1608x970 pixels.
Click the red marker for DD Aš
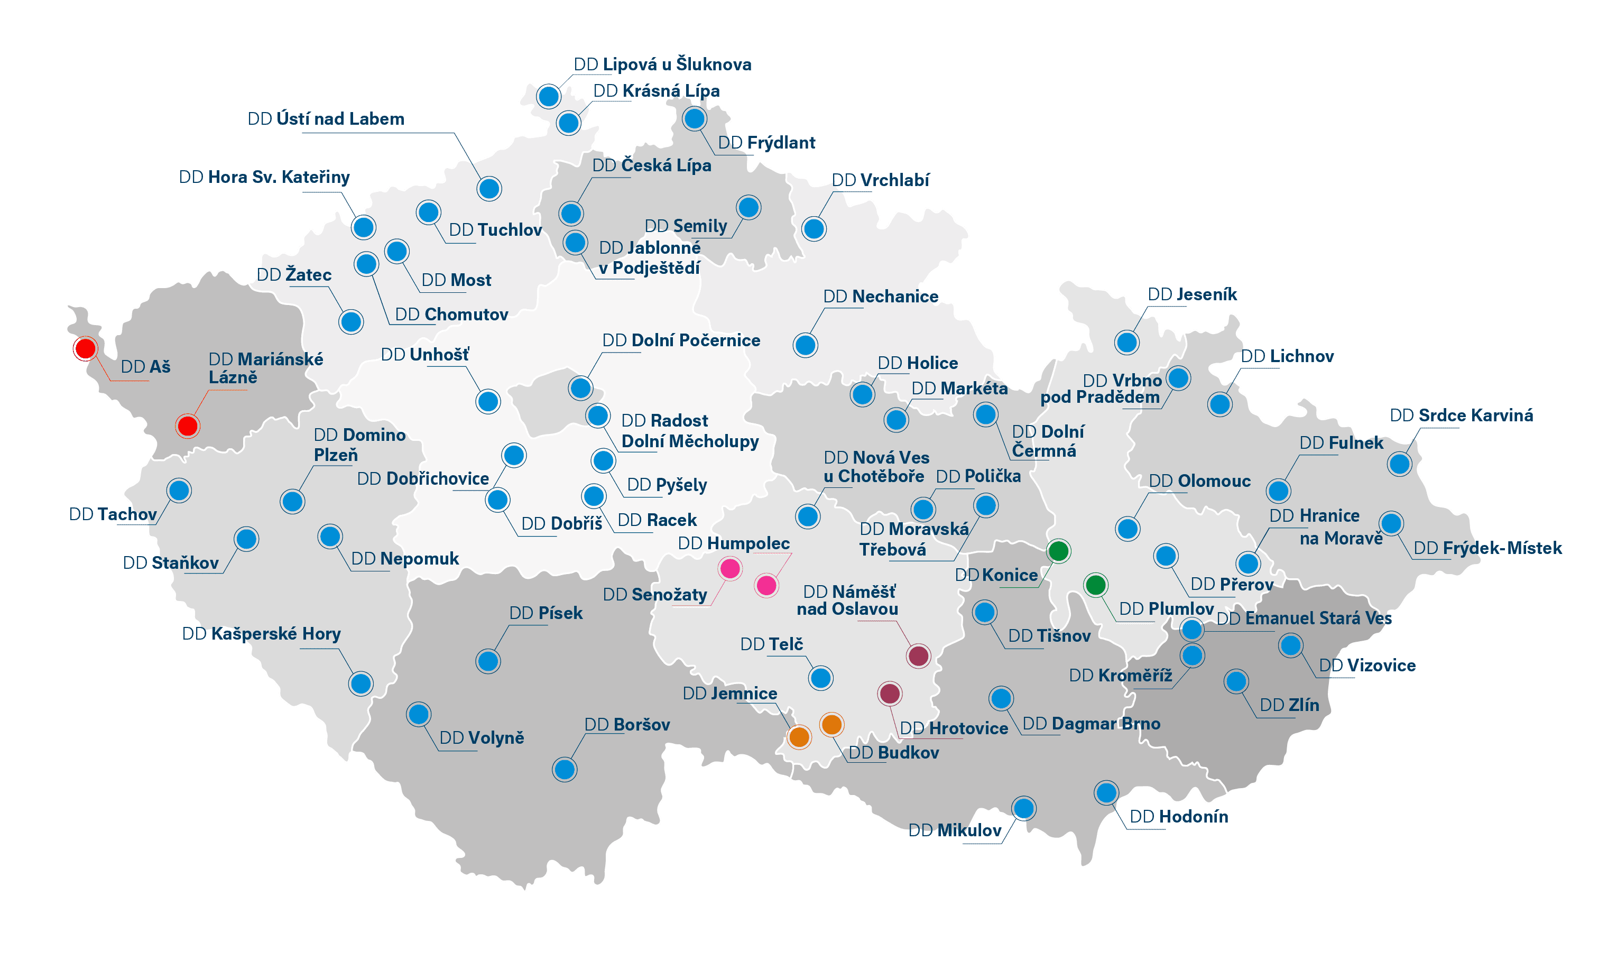[x=85, y=348]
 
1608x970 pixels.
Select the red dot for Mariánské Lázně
[x=187, y=426]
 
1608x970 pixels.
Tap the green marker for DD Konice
[x=1058, y=551]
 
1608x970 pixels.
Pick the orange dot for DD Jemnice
[x=799, y=737]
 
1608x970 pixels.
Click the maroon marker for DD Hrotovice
[x=890, y=693]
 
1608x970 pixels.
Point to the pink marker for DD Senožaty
[x=729, y=569]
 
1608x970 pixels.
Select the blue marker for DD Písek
[x=488, y=661]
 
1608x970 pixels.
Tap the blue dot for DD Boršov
[x=565, y=770]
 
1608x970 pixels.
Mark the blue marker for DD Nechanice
[x=805, y=345]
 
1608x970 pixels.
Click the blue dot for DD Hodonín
[x=1106, y=793]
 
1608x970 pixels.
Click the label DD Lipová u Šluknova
[x=662, y=64]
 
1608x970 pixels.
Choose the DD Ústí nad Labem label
[x=326, y=119]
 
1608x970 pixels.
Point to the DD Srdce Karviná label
[x=1461, y=415]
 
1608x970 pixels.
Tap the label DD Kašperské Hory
[x=261, y=633]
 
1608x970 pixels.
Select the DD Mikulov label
[x=955, y=830]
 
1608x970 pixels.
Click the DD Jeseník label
[x=1193, y=294]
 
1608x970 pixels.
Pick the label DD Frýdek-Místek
[x=1487, y=548]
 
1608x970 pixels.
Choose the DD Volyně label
[x=482, y=737]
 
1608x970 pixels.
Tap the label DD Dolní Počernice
[x=681, y=340]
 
